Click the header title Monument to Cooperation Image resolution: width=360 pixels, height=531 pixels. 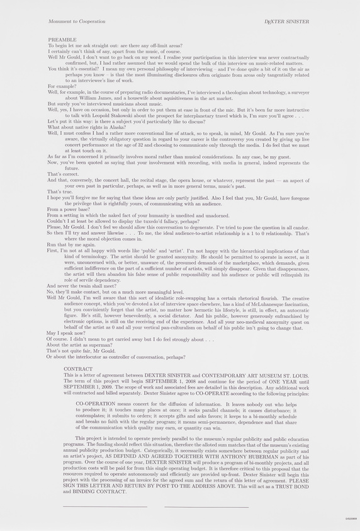click(77, 21)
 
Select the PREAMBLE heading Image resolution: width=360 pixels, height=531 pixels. click(62, 40)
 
